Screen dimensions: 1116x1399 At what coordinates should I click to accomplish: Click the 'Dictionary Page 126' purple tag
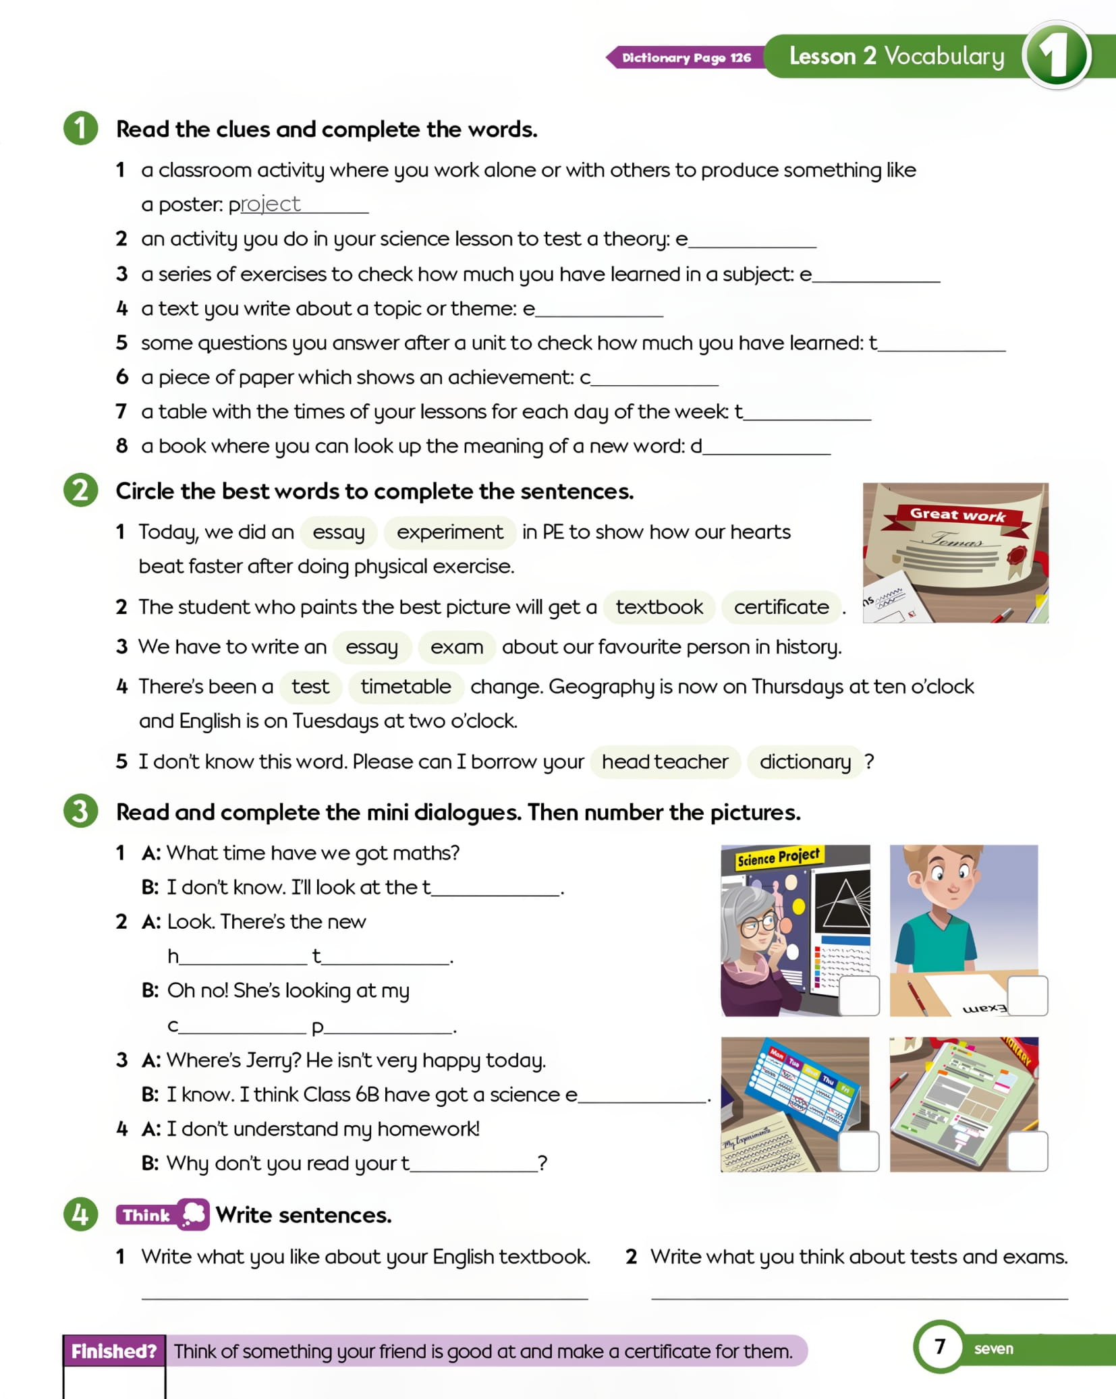pyautogui.click(x=686, y=57)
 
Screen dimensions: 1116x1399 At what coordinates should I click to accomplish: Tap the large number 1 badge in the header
pyautogui.click(x=1056, y=55)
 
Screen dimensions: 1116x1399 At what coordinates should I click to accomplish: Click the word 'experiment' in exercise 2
pyautogui.click(x=450, y=532)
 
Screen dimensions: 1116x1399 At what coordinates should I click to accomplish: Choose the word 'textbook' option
pyautogui.click(x=659, y=607)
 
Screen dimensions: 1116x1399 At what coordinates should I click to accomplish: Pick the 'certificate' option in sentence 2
pyautogui.click(x=781, y=607)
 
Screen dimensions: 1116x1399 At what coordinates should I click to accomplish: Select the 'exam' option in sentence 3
pyautogui.click(x=457, y=647)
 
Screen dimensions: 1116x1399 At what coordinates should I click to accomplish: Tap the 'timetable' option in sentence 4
pyautogui.click(x=406, y=687)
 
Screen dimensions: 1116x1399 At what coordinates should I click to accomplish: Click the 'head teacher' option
pyautogui.click(x=665, y=762)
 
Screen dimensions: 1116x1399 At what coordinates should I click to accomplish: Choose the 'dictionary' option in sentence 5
pyautogui.click(x=805, y=762)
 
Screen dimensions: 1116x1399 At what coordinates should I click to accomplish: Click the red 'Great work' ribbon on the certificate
pyautogui.click(x=958, y=516)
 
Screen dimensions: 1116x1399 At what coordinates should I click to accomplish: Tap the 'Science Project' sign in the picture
pyautogui.click(x=778, y=857)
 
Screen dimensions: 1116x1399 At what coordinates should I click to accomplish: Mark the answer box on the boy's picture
pyautogui.click(x=1028, y=996)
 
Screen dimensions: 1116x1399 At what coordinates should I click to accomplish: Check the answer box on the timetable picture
pyautogui.click(x=859, y=1151)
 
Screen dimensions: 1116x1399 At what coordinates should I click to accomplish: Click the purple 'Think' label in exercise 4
pyautogui.click(x=147, y=1216)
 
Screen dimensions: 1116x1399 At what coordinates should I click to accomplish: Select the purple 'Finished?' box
pyautogui.click(x=114, y=1351)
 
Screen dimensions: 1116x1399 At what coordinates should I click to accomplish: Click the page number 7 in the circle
pyautogui.click(x=939, y=1347)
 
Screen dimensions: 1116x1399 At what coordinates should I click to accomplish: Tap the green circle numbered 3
pyautogui.click(x=81, y=811)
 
